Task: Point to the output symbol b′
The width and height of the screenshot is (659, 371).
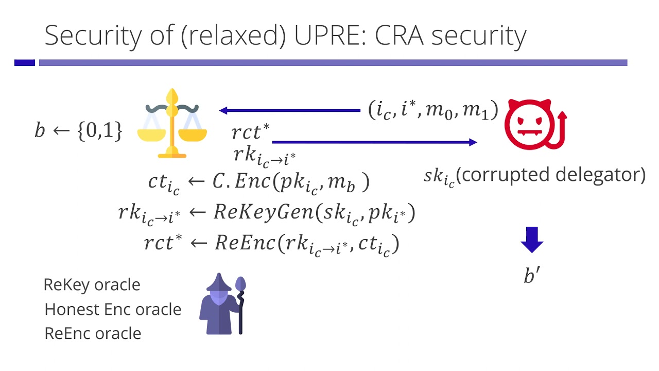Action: pos(531,276)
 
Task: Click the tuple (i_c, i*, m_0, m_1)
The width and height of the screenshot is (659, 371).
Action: pos(433,110)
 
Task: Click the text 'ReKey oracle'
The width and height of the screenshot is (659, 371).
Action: pos(92,284)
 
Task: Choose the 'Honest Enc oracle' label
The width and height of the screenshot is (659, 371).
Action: pos(113,309)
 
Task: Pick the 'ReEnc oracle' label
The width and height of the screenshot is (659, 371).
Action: pos(93,333)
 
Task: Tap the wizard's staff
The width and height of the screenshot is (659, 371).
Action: pos(240,304)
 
